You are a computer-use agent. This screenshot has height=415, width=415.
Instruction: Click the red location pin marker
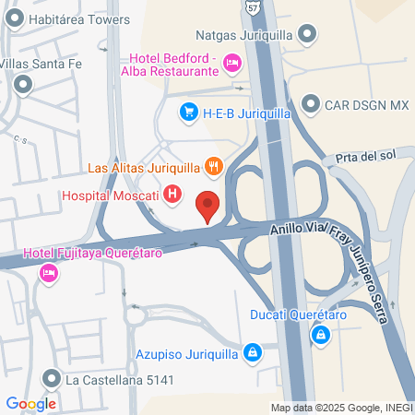pyautogui.click(x=208, y=206)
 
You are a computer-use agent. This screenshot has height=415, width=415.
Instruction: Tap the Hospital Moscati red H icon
pyautogui.click(x=172, y=195)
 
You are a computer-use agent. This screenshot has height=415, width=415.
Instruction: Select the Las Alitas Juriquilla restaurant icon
pyautogui.click(x=213, y=167)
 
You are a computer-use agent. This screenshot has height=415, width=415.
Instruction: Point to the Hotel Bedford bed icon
pyautogui.click(x=232, y=62)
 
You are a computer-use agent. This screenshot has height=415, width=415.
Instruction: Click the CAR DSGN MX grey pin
pyautogui.click(x=309, y=104)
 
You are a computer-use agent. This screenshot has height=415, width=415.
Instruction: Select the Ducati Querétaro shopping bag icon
pyautogui.click(x=319, y=334)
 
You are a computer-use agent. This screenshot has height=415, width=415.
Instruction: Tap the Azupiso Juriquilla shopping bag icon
pyautogui.click(x=252, y=351)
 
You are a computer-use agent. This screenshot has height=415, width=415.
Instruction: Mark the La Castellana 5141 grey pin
pyautogui.click(x=51, y=379)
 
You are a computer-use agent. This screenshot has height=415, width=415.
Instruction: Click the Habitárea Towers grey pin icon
pyautogui.click(x=15, y=18)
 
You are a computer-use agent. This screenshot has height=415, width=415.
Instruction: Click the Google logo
pyautogui.click(x=30, y=403)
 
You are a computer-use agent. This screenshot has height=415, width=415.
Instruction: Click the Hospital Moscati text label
pyautogui.click(x=109, y=196)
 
